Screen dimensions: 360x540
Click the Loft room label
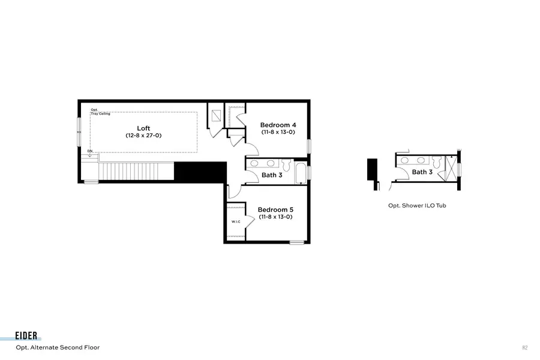(143, 128)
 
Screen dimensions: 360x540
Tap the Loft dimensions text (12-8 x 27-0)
(143, 136)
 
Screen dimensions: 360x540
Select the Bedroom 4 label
(278, 125)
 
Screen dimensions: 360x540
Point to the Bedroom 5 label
(275, 209)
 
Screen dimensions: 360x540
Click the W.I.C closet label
(236, 222)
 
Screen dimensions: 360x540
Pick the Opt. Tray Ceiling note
(100, 112)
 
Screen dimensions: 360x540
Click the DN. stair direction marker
(90, 151)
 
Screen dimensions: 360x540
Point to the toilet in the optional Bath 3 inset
(436, 161)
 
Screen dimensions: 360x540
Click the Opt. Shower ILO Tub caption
(417, 205)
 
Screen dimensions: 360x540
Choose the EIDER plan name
(28, 337)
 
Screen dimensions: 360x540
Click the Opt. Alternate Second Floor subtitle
(58, 347)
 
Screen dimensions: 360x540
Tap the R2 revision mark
(524, 347)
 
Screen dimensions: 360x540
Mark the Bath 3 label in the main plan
(272, 175)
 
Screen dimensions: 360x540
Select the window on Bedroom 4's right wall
(310, 146)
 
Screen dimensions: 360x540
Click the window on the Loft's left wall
(79, 130)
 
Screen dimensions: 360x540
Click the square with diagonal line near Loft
(216, 116)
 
